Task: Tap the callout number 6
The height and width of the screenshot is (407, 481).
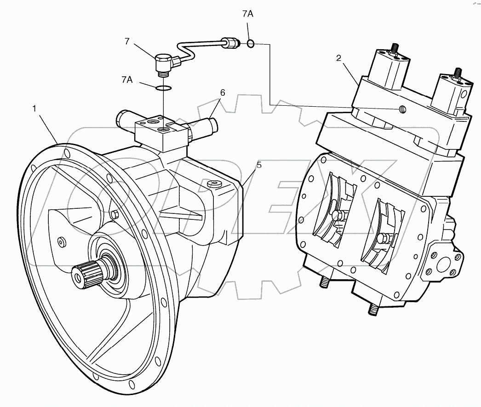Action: tap(222, 92)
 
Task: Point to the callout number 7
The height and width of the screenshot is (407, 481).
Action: tap(127, 41)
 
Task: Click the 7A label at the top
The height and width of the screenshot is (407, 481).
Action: tap(247, 14)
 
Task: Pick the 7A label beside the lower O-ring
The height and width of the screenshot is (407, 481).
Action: tap(127, 80)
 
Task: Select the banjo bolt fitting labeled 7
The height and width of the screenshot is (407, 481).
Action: tap(162, 63)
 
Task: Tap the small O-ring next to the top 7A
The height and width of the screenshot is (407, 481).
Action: tap(250, 44)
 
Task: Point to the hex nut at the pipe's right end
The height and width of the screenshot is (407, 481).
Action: tap(233, 43)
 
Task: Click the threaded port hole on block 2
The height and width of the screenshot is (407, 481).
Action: tap(402, 109)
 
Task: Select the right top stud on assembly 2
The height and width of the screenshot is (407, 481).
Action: tap(458, 73)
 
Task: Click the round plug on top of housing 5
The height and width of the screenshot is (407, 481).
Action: tap(214, 184)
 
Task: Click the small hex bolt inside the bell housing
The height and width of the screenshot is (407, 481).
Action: tap(115, 214)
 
